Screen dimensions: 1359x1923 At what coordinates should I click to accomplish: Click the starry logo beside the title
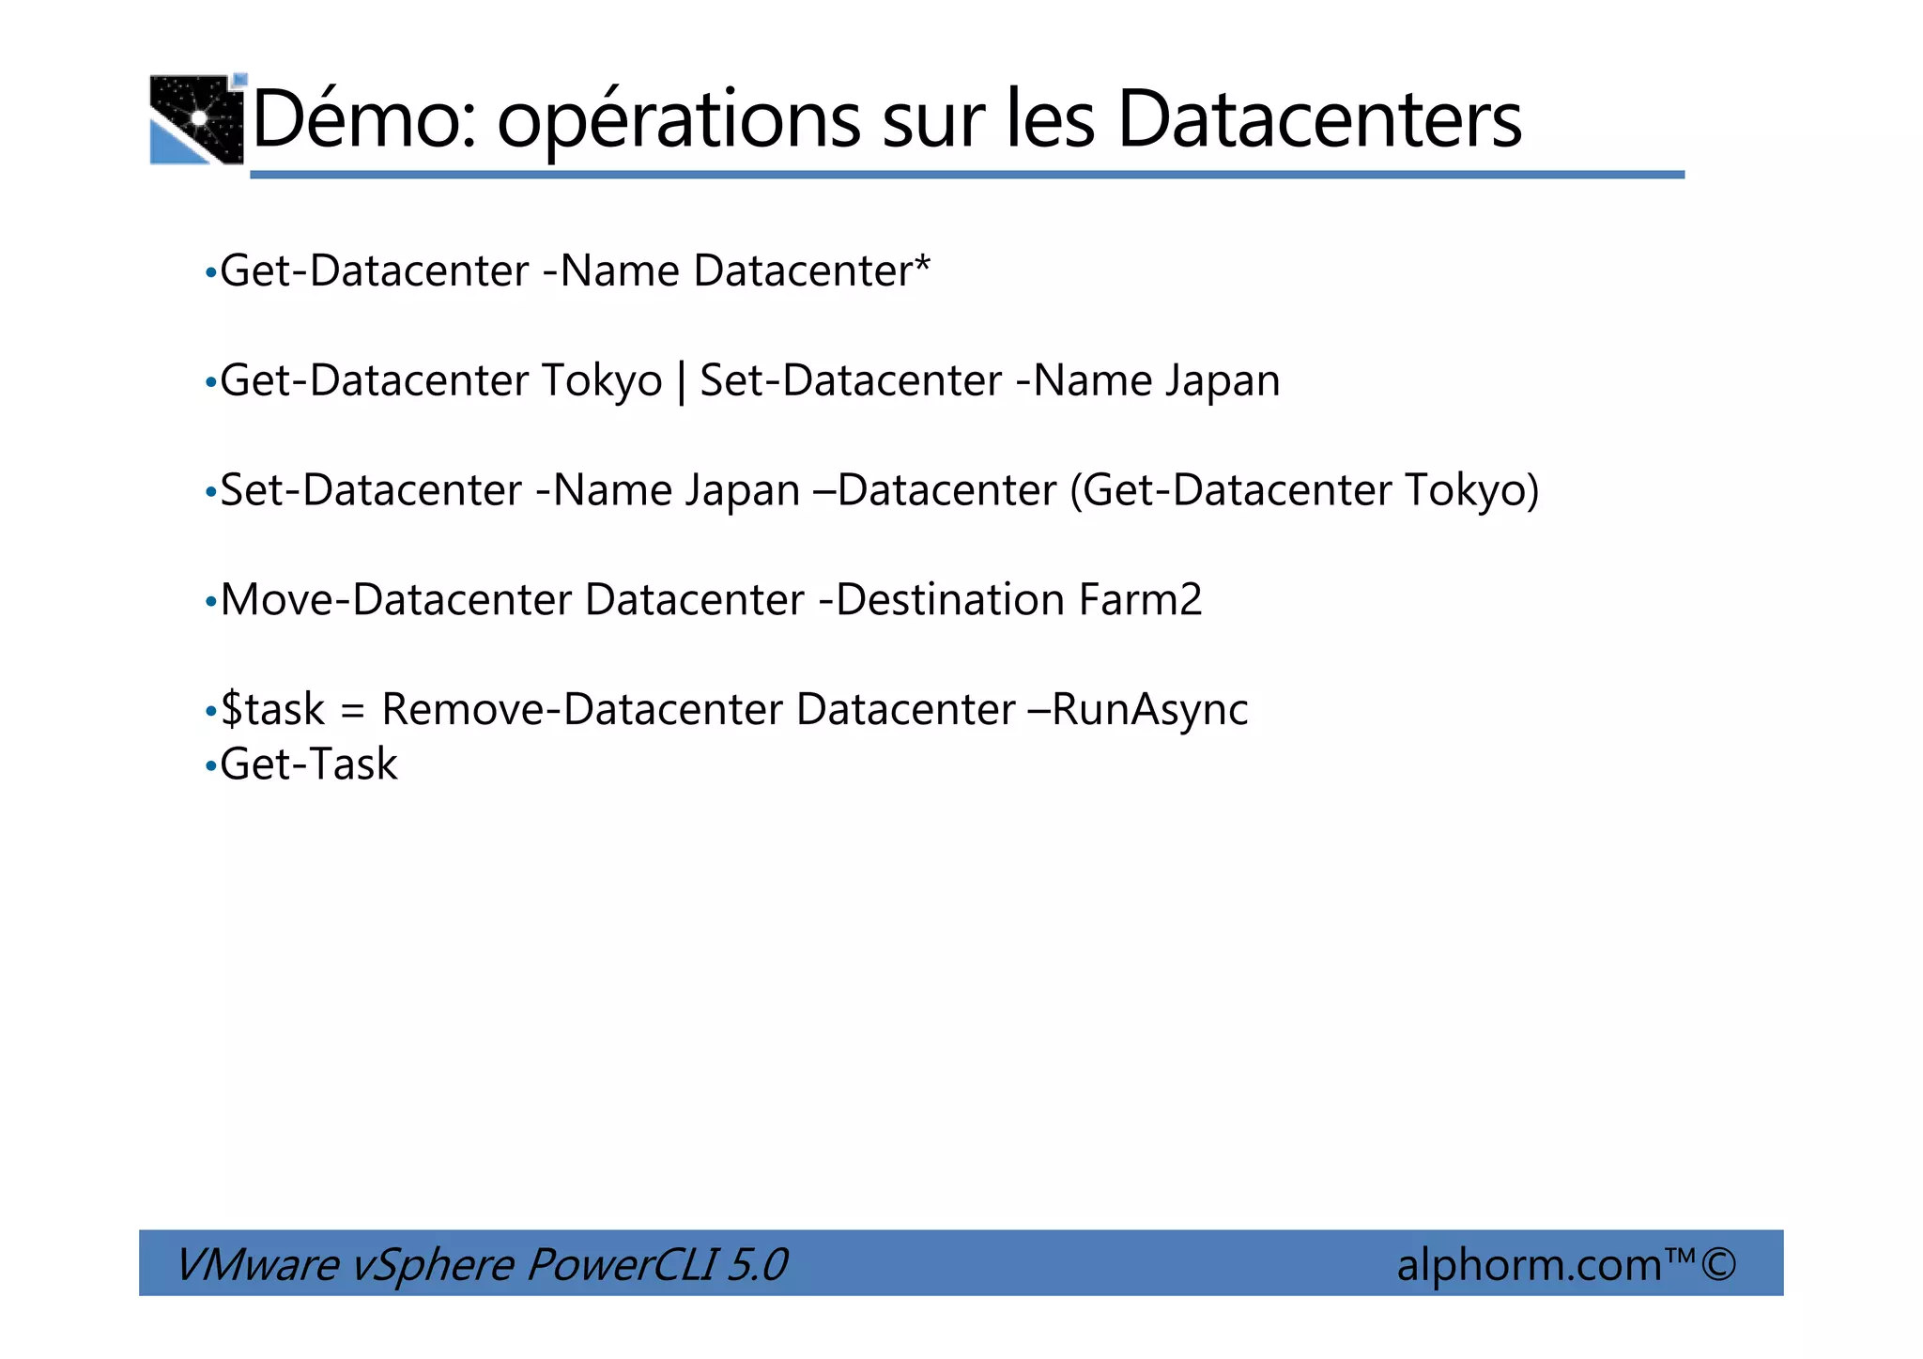(x=197, y=119)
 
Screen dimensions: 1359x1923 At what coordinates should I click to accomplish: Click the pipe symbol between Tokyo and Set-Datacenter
(x=681, y=381)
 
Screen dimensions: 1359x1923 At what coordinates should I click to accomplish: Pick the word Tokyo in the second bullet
(x=602, y=381)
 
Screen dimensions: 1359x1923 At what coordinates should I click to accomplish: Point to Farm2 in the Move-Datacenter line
(x=1140, y=600)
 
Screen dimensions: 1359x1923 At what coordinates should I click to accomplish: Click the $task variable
(x=272, y=709)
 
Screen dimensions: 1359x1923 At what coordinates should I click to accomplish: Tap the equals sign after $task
(x=352, y=711)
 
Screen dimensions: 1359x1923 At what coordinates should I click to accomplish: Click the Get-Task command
(x=309, y=764)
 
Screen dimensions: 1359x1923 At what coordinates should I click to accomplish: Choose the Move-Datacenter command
(x=395, y=600)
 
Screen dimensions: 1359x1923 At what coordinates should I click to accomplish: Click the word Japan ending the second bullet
(x=1223, y=381)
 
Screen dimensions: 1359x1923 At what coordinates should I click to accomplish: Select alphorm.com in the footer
(x=1530, y=1264)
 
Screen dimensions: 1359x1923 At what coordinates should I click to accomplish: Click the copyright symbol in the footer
(x=1717, y=1264)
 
